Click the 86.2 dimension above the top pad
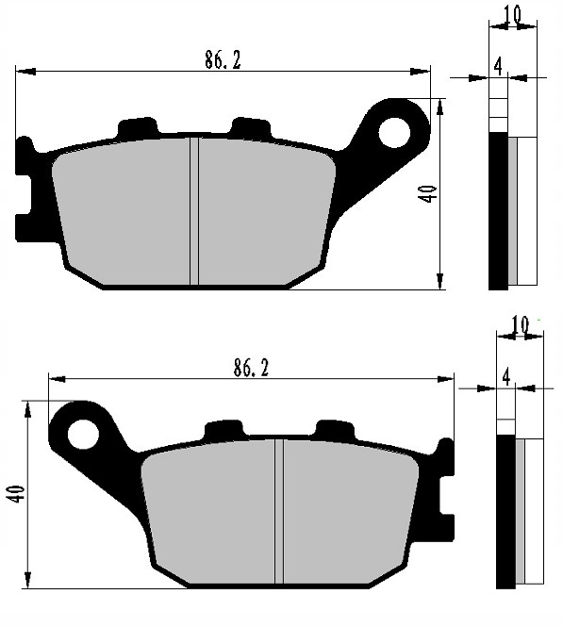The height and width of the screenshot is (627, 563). (x=223, y=59)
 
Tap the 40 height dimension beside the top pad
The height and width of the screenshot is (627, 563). (x=427, y=193)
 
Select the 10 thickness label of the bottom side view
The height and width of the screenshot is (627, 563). (x=519, y=325)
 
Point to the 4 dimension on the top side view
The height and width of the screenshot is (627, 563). (x=498, y=65)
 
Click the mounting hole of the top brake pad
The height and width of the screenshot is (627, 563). (x=393, y=132)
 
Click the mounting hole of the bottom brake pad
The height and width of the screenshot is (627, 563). (x=82, y=433)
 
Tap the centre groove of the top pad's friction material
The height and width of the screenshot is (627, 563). (x=194, y=210)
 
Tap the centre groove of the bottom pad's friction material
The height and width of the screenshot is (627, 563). (x=279, y=512)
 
